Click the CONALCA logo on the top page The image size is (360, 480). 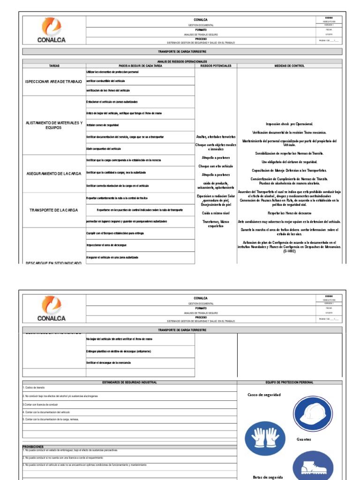[x=54, y=30]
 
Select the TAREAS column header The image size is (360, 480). [x=54, y=66]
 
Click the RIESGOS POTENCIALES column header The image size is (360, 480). [x=216, y=66]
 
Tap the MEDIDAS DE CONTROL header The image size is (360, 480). [x=289, y=66]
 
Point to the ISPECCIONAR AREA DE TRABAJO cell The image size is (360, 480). [x=53, y=82]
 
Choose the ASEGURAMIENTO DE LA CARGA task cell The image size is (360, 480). [x=53, y=173]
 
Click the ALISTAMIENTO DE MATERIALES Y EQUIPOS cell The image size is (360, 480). [x=53, y=125]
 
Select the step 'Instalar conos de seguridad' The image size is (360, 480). [x=103, y=125]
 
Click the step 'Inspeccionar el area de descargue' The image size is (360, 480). [x=106, y=245]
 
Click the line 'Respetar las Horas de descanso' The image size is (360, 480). [x=289, y=213]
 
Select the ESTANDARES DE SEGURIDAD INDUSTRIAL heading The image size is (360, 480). [x=130, y=382]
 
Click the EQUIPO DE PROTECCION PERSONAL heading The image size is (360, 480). [x=289, y=382]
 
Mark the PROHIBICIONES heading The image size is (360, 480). [x=33, y=447]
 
